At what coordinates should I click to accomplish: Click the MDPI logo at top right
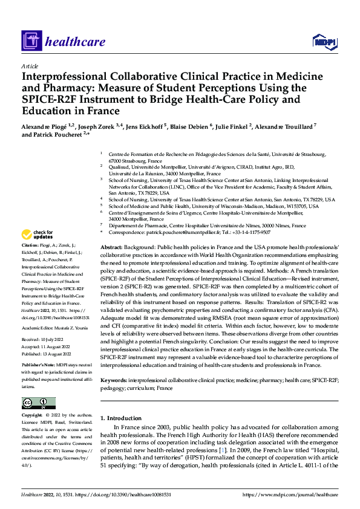(x=323, y=41)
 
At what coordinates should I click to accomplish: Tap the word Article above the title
(x=30, y=66)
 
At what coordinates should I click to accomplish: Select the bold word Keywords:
(x=114, y=380)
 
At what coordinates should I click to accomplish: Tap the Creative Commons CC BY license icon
(x=38, y=403)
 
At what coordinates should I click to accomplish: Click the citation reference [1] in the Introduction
(x=224, y=451)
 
